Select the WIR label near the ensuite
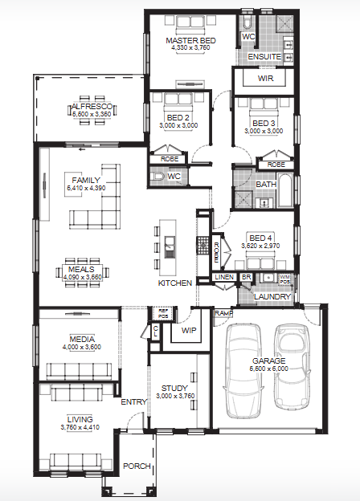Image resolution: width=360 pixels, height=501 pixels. pos(265,79)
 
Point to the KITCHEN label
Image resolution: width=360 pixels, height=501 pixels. pos(174,284)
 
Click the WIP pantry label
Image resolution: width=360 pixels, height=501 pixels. pos(189,330)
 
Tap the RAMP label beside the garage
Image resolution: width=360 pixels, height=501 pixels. pos(223,313)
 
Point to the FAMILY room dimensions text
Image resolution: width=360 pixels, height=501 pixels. pos(85,187)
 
